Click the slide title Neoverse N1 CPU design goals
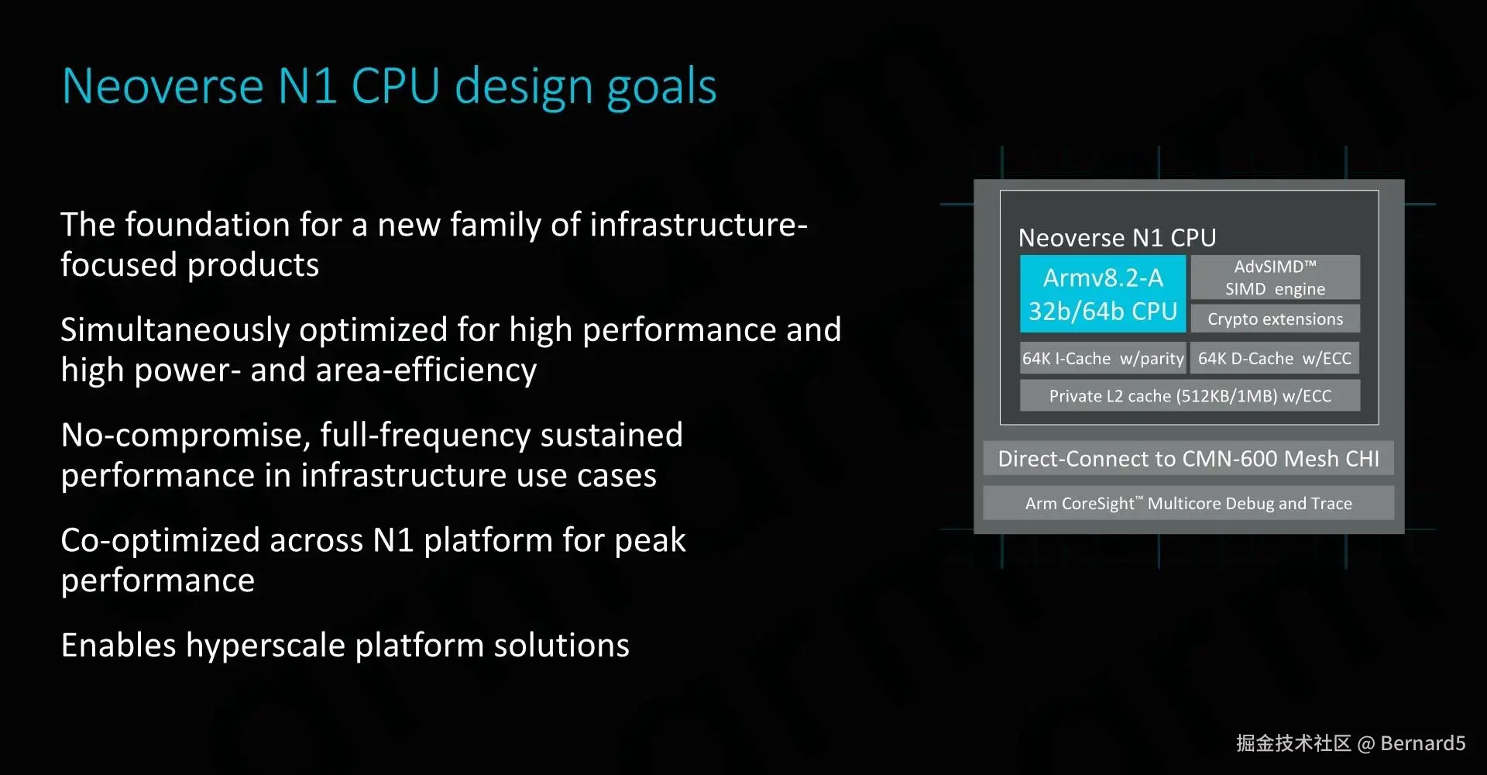pyautogui.click(x=389, y=87)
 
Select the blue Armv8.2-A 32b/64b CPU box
pyautogui.click(x=1103, y=294)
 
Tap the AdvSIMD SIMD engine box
pyautogui.click(x=1275, y=277)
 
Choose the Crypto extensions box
pyautogui.click(x=1275, y=319)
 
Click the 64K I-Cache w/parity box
pyautogui.click(x=1103, y=358)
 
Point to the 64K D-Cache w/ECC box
pyautogui.click(x=1275, y=358)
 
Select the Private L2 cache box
pyautogui.click(x=1190, y=395)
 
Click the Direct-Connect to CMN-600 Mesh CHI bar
pyautogui.click(x=1188, y=458)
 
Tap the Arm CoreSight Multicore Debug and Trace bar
pyautogui.click(x=1188, y=503)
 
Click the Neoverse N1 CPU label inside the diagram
pyautogui.click(x=1117, y=237)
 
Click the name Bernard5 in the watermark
pyautogui.click(x=1423, y=743)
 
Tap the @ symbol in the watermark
pyautogui.click(x=1366, y=744)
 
